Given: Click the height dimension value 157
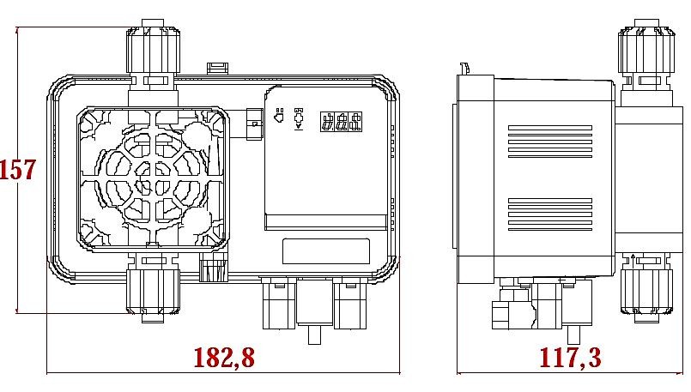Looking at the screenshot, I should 17,170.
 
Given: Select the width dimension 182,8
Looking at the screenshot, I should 223,358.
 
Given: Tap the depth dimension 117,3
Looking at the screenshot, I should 568,358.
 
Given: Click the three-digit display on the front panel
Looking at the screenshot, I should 339,122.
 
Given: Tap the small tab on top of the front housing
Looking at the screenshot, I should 218,67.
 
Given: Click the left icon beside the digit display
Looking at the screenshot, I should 278,118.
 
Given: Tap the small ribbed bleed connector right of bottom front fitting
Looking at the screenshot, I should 212,270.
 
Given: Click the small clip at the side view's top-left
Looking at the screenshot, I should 464,68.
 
